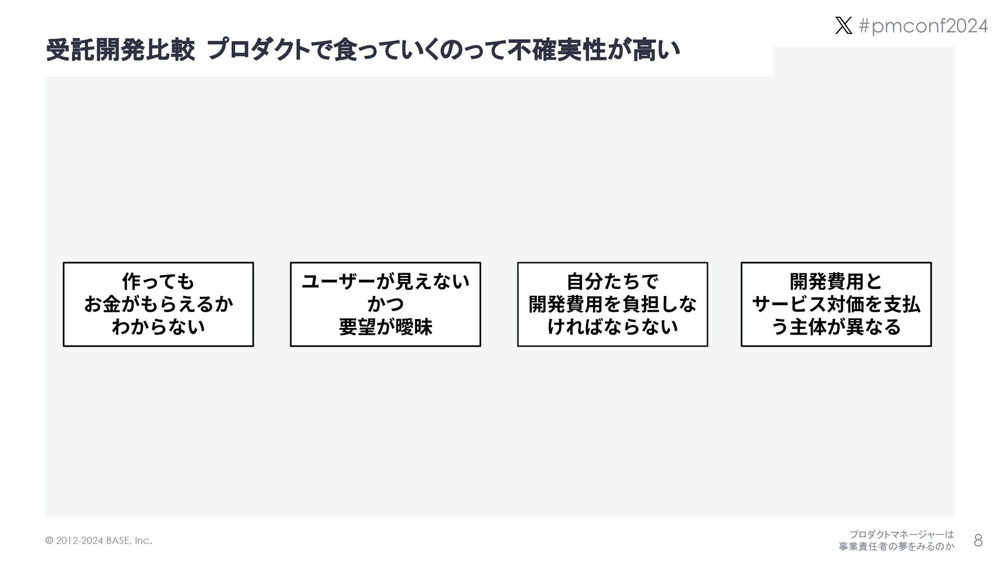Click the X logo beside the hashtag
[843, 26]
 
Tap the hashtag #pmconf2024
[923, 26]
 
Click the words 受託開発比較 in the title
[121, 52]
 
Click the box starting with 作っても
[158, 304]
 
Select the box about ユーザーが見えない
[385, 304]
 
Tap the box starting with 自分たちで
[612, 304]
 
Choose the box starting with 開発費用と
[836, 304]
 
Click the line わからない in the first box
[158, 327]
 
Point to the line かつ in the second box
[385, 304]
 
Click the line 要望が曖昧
[385, 327]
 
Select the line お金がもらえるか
[158, 304]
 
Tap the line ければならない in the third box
[612, 327]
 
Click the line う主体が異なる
[836, 327]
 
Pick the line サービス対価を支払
[836, 304]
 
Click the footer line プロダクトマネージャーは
[901, 535]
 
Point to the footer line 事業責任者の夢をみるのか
[896, 547]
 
